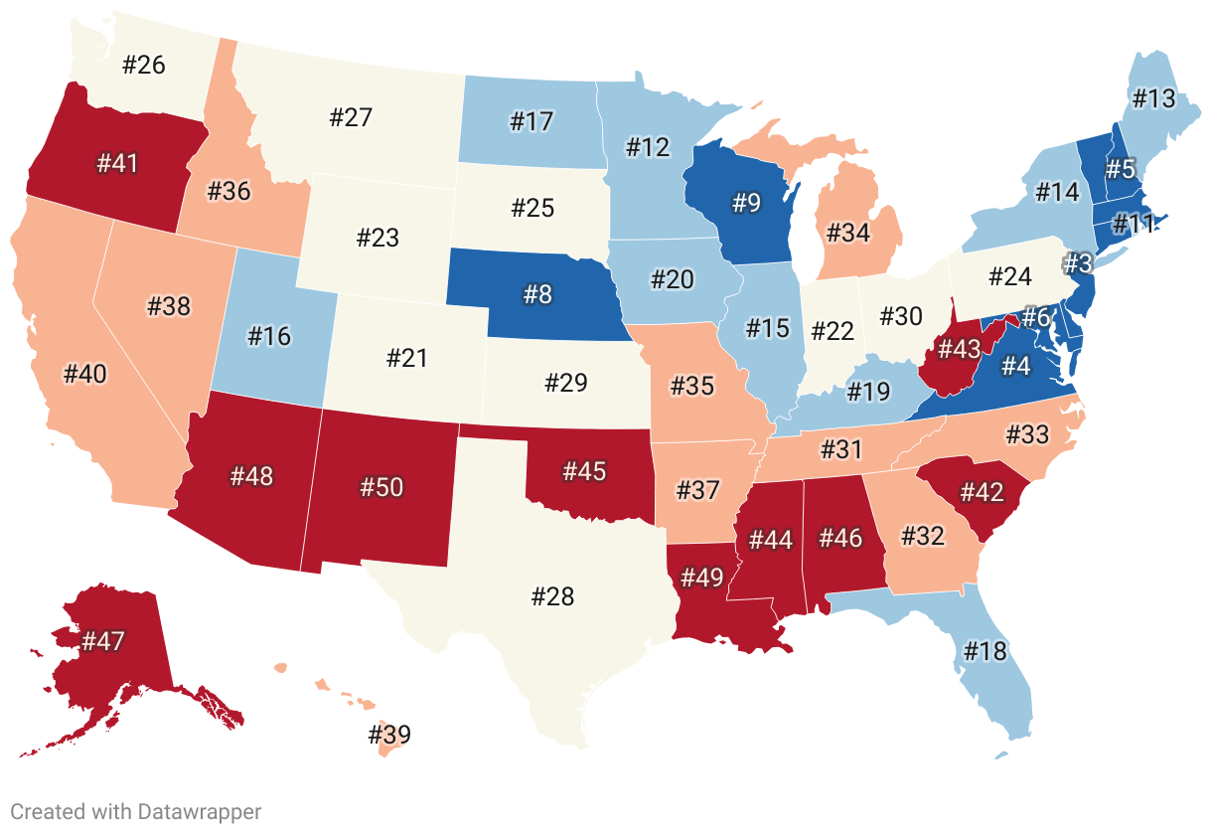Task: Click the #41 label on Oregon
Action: pyautogui.click(x=117, y=164)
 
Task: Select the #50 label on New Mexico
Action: pyautogui.click(x=382, y=487)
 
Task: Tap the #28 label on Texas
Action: pyautogui.click(x=553, y=596)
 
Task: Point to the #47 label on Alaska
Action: pyautogui.click(x=103, y=641)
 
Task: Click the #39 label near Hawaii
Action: pyautogui.click(x=389, y=736)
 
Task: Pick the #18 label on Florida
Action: pyautogui.click(x=985, y=651)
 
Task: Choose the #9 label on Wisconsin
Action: pyautogui.click(x=746, y=204)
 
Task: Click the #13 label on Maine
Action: pyautogui.click(x=1153, y=98)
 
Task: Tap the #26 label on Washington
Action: pyautogui.click(x=144, y=66)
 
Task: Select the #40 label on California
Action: pyautogui.click(x=84, y=374)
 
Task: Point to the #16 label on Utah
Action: pyautogui.click(x=269, y=336)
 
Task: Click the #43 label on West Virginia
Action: pyautogui.click(x=958, y=349)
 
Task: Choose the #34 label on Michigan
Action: pyautogui.click(x=847, y=234)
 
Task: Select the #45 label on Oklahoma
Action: pyautogui.click(x=584, y=470)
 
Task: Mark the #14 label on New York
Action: pyautogui.click(x=1057, y=192)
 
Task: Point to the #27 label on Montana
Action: pyautogui.click(x=351, y=117)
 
